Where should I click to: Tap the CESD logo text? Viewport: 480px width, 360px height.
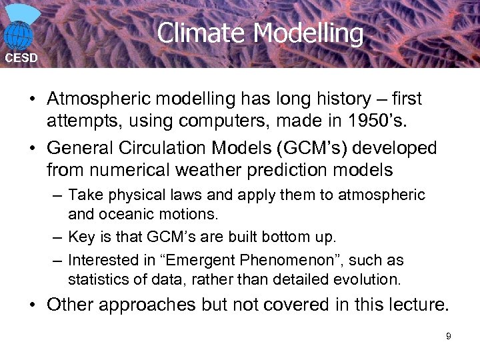pyautogui.click(x=22, y=58)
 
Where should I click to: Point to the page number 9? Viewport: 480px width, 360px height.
pyautogui.click(x=449, y=336)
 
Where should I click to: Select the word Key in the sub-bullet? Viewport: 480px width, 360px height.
pyautogui.click(x=79, y=237)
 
